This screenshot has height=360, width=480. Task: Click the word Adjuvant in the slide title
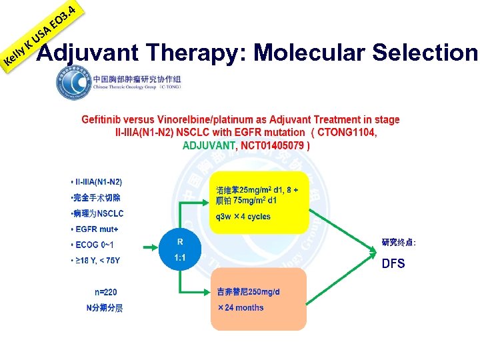click(87, 52)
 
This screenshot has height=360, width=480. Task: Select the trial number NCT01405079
click(273, 145)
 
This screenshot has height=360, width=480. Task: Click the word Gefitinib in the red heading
click(103, 120)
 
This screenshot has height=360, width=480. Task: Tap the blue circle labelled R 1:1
click(180, 249)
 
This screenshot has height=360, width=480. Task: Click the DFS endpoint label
click(393, 263)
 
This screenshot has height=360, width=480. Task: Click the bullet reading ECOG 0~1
click(96, 245)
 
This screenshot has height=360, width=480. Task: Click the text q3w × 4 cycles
click(243, 217)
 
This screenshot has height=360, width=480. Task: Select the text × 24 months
click(241, 308)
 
